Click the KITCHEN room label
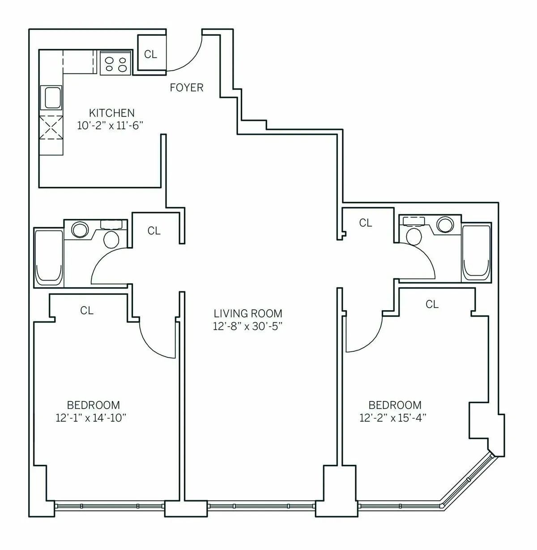111,113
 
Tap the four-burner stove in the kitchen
115,63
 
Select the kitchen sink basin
52,98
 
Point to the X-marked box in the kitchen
52,128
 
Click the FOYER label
186,88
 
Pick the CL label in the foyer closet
151,54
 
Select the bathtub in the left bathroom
48,257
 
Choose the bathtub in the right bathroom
476,252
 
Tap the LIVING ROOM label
247,313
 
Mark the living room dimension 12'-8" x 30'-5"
247,326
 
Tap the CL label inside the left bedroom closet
87,310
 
